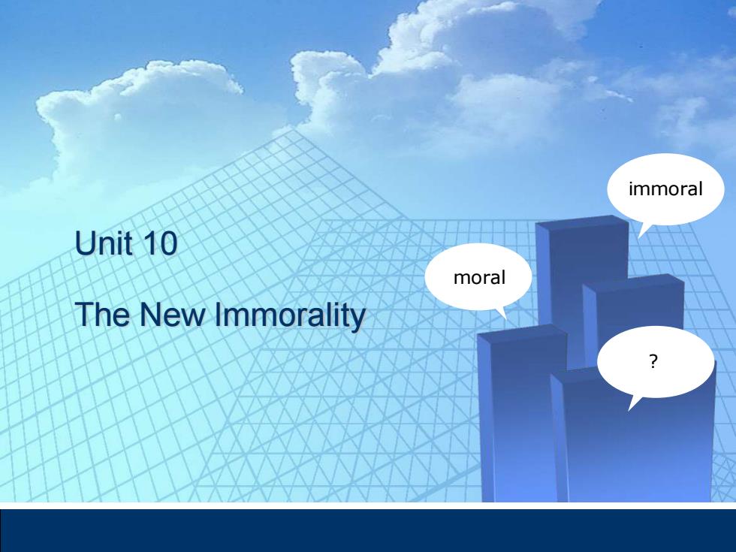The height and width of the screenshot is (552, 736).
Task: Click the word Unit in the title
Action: [x=104, y=243]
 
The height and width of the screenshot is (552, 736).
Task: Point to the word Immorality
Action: [x=290, y=315]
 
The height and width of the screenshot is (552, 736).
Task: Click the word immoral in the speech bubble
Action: [x=665, y=189]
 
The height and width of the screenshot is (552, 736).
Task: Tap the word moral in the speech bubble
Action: [x=479, y=277]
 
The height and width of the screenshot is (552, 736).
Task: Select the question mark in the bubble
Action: [x=653, y=361]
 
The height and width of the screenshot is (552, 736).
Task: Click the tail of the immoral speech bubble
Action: [x=642, y=231]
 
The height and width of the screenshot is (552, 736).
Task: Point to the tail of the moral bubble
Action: [x=502, y=312]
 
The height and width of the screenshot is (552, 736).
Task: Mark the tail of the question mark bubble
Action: [x=634, y=403]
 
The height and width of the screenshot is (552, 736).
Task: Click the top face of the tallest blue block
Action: [x=582, y=222]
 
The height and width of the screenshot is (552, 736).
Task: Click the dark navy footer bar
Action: [x=368, y=530]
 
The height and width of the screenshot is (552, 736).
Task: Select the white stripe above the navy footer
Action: [x=368, y=505]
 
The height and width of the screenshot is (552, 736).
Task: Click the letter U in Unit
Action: [x=83, y=243]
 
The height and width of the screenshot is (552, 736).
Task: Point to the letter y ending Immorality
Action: [x=359, y=319]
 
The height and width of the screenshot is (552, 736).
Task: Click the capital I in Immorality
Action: [x=218, y=314]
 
